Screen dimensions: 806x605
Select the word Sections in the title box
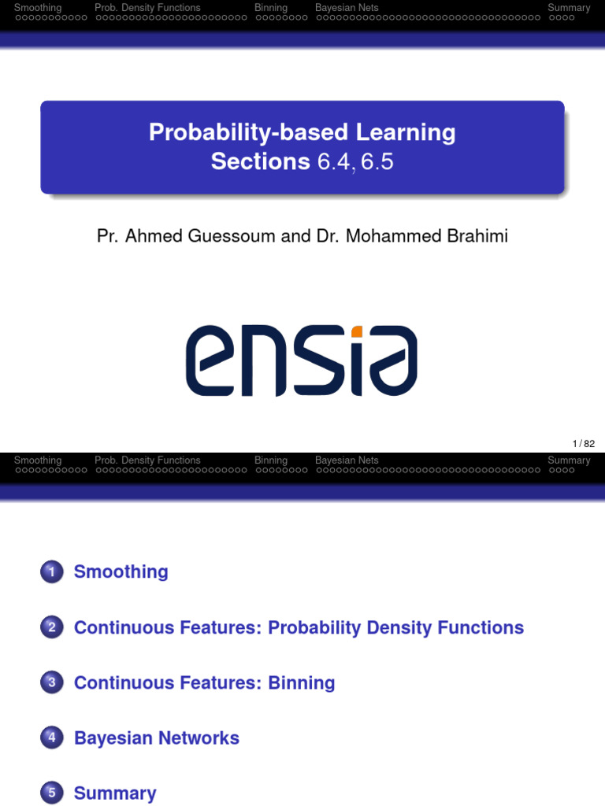260,161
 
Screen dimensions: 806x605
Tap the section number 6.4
334,162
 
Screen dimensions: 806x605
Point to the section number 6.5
376,162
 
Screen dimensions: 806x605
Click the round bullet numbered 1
51,572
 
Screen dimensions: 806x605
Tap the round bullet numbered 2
51,627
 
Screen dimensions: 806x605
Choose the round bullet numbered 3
51,682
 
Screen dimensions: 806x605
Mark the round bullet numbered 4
51,738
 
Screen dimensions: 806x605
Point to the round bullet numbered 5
51,793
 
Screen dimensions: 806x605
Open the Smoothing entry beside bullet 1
121,572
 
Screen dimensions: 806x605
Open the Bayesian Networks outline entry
156,738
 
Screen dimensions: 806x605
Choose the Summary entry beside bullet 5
115,793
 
